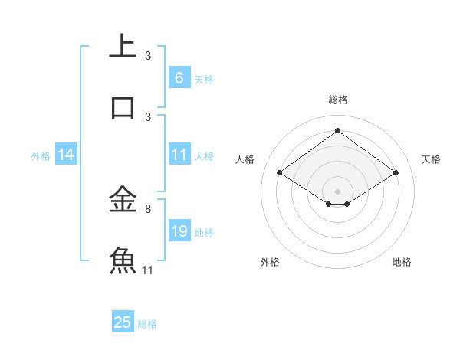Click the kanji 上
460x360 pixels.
123,45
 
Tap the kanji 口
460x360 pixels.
123,107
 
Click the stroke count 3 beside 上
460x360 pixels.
148,55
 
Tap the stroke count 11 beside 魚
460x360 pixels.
148,270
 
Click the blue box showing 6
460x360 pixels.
179,78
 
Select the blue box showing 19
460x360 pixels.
179,231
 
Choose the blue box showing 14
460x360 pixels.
66,155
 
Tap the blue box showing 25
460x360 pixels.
123,322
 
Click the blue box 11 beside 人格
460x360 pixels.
179,155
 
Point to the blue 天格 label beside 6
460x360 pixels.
204,79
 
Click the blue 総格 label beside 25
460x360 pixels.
147,323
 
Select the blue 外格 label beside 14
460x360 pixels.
41,155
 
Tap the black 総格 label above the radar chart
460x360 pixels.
337,100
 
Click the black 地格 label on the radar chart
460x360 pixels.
402,262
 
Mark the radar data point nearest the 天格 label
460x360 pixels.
396,173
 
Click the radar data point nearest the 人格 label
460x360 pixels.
279,173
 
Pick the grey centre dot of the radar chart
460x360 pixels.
337,191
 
